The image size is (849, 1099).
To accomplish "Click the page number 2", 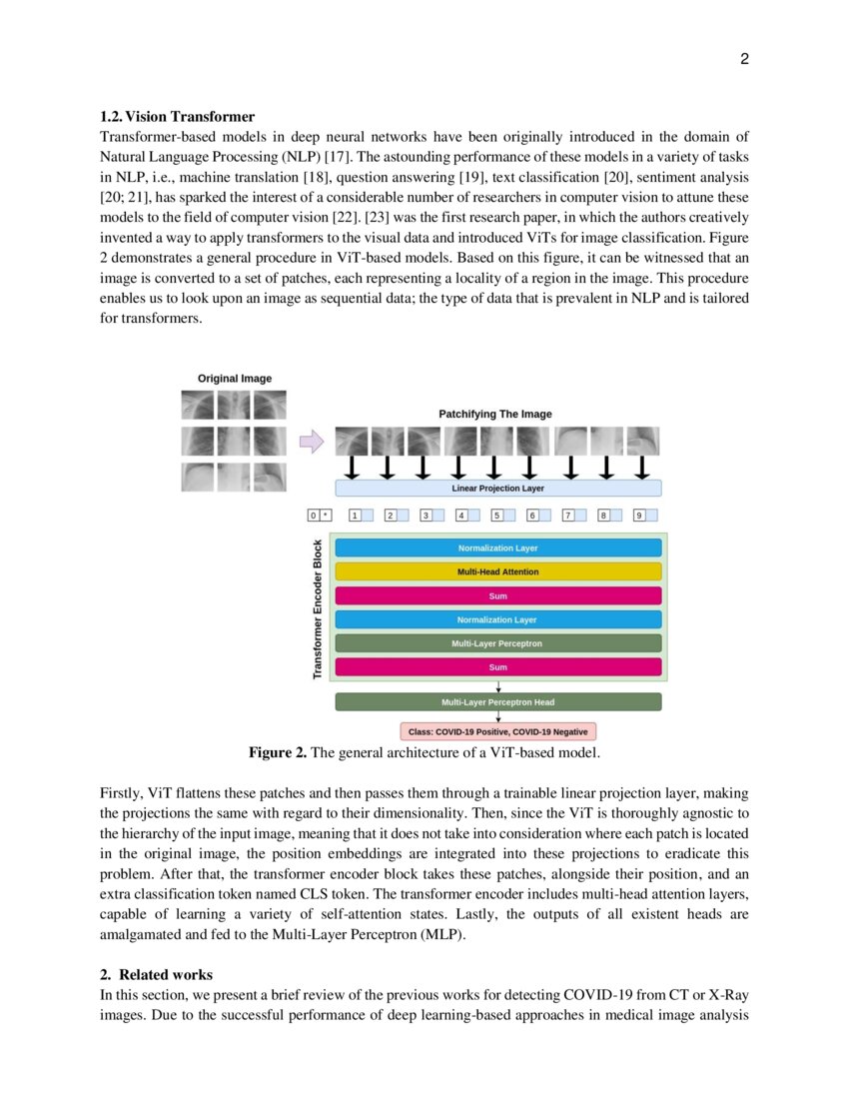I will tap(744, 59).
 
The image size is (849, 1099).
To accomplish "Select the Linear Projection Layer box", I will tap(497, 488).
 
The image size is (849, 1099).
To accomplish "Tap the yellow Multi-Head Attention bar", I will tap(497, 571).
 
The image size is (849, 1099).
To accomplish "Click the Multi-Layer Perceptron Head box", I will tap(497, 702).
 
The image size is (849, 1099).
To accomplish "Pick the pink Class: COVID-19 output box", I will tap(497, 731).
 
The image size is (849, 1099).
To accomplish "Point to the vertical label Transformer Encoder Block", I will tap(318, 609).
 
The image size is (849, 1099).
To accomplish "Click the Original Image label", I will tap(235, 379).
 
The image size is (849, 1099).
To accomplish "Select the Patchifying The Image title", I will tap(494, 414).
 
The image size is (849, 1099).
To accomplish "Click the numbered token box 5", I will tap(495, 516).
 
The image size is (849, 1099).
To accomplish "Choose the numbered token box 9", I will tap(639, 516).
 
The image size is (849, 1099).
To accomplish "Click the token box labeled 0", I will tap(313, 516).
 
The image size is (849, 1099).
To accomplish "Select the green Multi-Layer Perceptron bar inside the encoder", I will tap(497, 643).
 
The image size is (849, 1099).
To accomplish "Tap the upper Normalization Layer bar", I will tap(497, 548).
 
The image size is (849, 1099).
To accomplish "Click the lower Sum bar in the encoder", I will tap(497, 666).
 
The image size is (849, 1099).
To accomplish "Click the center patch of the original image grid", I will tap(234, 441).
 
